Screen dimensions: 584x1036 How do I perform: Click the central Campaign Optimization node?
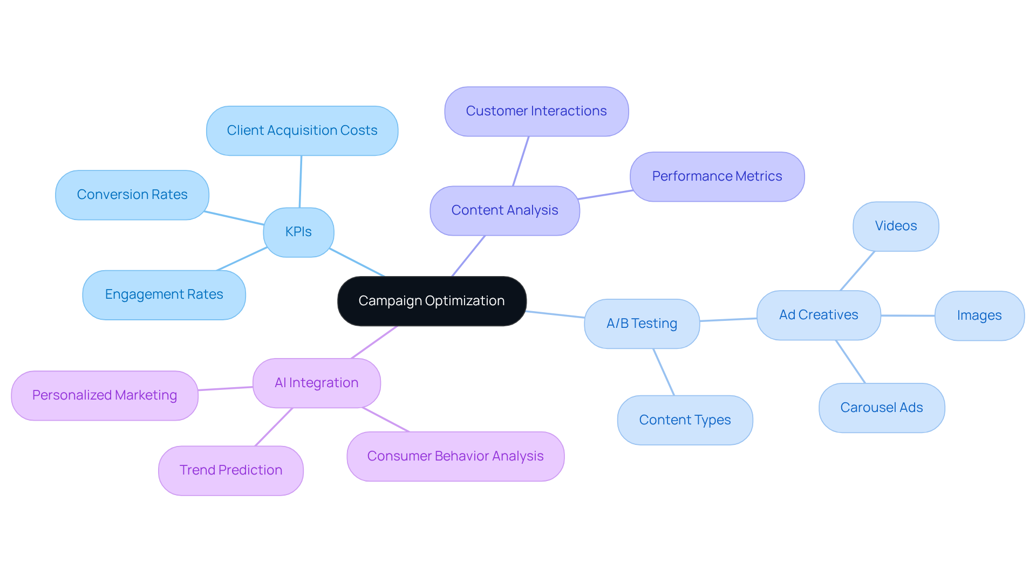point(432,301)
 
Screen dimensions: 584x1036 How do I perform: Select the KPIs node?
point(298,232)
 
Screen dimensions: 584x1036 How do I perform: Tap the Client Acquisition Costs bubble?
point(302,130)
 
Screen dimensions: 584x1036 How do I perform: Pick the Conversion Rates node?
point(132,195)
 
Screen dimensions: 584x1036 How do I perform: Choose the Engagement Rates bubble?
point(164,294)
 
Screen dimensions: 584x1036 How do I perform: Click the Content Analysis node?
point(505,210)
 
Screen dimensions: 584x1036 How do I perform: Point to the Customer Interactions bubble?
point(536,111)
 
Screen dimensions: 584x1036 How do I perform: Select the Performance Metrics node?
point(717,176)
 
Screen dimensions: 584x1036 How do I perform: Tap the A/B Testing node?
point(642,324)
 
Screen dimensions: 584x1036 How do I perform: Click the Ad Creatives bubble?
point(819,315)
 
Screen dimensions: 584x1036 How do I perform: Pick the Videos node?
point(896,226)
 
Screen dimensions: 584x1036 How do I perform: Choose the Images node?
point(979,315)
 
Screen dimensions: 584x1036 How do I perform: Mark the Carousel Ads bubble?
point(882,408)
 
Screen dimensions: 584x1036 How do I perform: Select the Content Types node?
point(685,420)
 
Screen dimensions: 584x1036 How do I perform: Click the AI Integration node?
point(317,383)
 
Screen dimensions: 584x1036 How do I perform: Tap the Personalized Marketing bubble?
point(105,395)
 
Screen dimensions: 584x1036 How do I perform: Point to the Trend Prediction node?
point(231,470)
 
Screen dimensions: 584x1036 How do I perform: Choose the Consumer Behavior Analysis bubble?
point(455,456)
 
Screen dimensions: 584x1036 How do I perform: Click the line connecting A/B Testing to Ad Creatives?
point(728,320)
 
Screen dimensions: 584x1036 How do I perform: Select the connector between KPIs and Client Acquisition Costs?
point(301,182)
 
